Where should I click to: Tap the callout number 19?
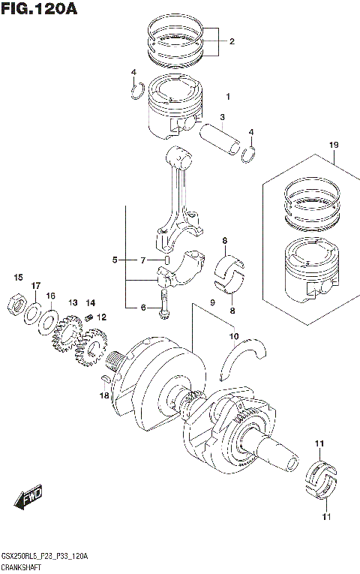(x=334, y=145)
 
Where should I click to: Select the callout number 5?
(x=115, y=260)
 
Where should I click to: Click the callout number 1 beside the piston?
(x=228, y=97)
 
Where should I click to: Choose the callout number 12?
(x=101, y=317)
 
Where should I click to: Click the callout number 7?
(x=142, y=260)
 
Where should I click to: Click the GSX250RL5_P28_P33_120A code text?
(x=46, y=555)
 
